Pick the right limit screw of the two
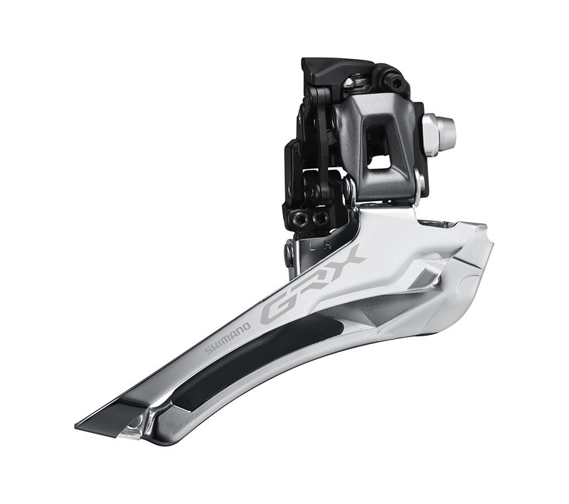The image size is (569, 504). click(x=319, y=218)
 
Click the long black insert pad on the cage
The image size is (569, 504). click(x=258, y=361)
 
